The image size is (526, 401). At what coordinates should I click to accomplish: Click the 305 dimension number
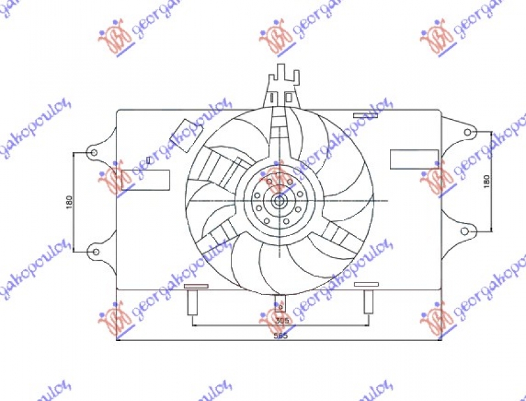(x=281, y=320)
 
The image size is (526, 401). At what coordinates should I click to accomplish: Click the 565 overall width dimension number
(x=281, y=335)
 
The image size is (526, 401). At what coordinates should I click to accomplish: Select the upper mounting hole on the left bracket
(x=93, y=153)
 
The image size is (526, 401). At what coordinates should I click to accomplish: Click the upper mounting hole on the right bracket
(x=467, y=132)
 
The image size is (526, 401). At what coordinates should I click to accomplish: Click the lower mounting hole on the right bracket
(x=467, y=230)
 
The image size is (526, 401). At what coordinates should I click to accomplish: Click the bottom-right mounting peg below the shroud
(x=368, y=299)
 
